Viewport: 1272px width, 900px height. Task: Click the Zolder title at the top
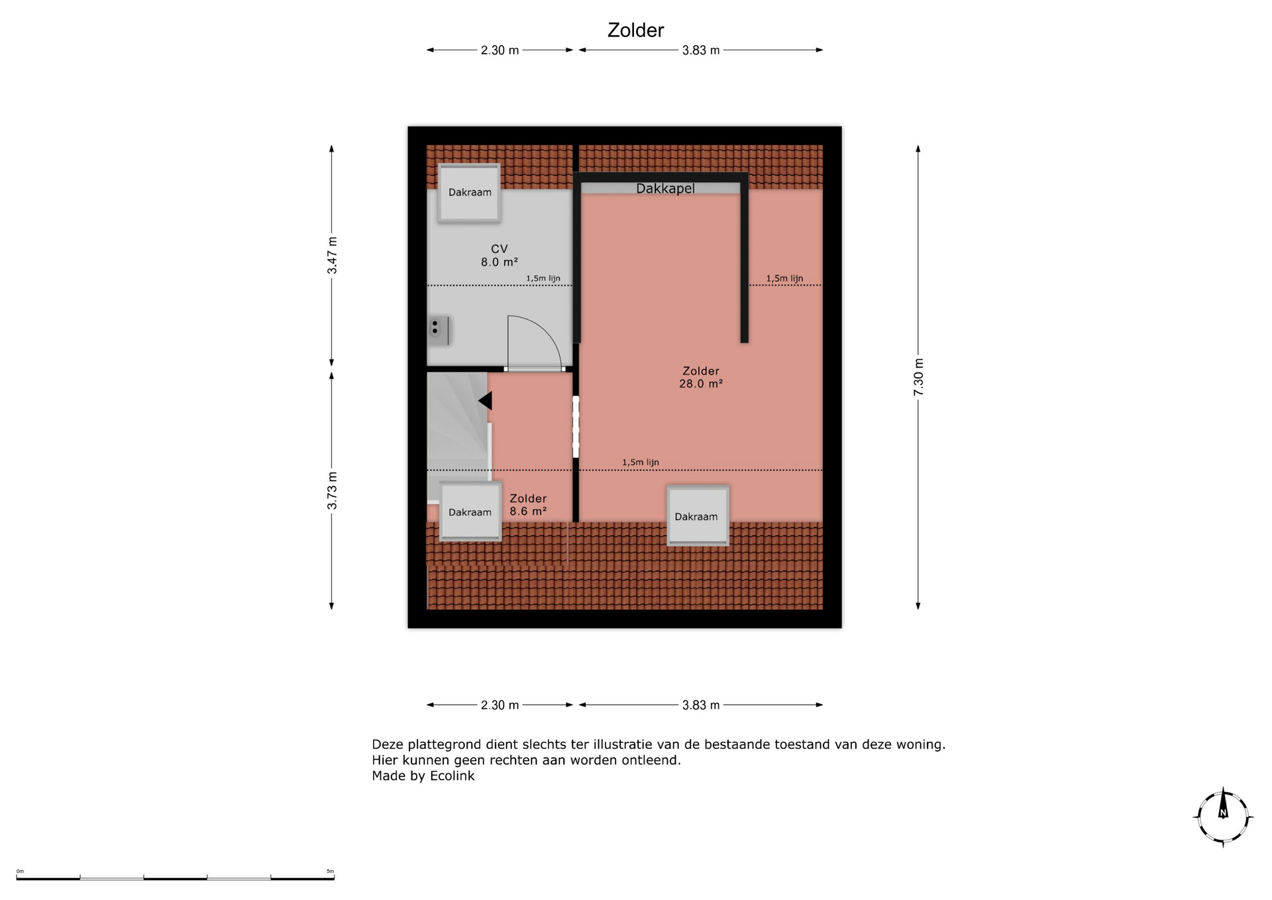[635, 30]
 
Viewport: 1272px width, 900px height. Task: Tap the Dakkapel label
[665, 189]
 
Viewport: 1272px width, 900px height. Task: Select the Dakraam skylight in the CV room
[469, 192]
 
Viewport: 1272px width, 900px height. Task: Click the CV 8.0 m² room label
[499, 255]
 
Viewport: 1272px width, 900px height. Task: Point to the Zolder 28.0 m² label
[700, 377]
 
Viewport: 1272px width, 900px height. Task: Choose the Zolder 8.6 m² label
[528, 504]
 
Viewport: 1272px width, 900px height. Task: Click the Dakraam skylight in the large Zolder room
[698, 516]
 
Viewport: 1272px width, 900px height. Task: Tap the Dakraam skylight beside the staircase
[470, 512]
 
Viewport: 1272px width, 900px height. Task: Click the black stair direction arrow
[485, 400]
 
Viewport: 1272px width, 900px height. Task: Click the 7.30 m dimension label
[918, 377]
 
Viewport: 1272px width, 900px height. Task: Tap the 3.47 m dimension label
[332, 255]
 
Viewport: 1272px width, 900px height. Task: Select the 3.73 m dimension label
[332, 490]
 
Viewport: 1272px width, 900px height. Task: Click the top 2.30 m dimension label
[500, 50]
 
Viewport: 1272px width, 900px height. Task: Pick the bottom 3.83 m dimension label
[701, 705]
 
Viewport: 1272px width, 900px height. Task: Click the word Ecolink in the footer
[452, 776]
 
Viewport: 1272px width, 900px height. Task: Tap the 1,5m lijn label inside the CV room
[543, 278]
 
